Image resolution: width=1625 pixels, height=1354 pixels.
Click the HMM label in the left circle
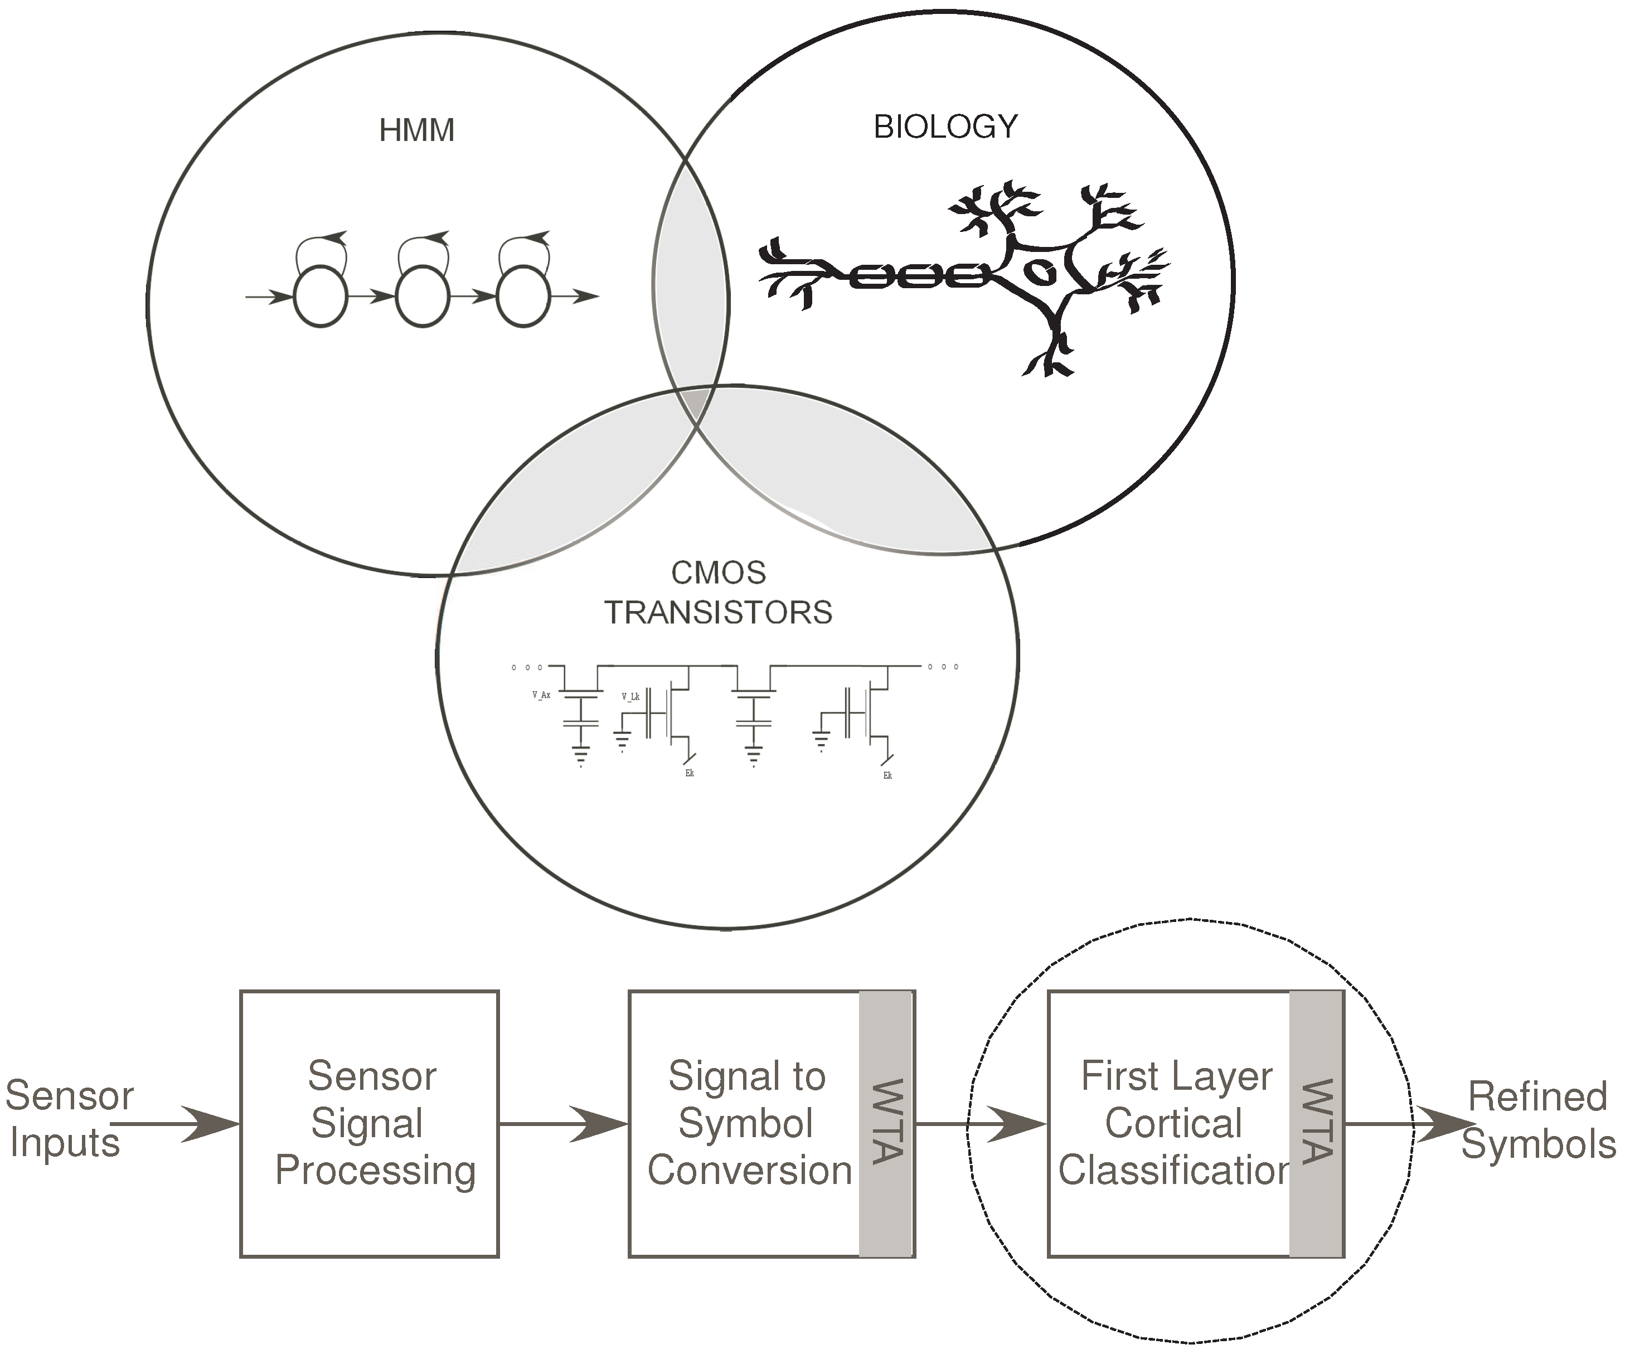click(416, 130)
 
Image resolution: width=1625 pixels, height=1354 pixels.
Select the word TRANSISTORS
click(718, 613)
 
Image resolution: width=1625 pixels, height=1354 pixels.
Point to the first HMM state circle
click(321, 297)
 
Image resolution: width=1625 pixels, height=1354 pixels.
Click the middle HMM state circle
click(423, 297)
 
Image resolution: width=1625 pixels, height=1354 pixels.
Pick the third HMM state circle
click(524, 297)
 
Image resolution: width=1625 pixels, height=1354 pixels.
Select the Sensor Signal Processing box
click(369, 1123)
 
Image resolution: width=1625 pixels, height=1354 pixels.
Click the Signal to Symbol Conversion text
click(748, 1123)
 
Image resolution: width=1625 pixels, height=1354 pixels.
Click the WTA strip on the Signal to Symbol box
click(887, 1123)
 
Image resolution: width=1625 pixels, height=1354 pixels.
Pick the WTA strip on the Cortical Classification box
click(1316, 1123)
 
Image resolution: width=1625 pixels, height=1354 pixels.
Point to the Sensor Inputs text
click(68, 1119)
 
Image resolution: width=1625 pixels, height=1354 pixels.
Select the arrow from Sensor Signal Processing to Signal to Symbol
click(564, 1123)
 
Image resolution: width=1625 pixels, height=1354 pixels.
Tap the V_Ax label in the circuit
click(541, 695)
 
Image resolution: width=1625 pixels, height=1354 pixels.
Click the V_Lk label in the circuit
click(630, 696)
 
